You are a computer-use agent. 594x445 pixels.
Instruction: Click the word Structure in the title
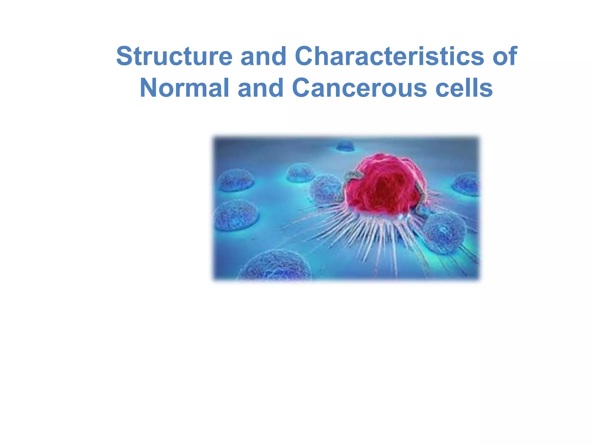point(174,56)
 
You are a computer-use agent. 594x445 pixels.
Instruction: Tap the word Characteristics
point(389,56)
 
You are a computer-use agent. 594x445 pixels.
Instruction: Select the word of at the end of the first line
point(505,56)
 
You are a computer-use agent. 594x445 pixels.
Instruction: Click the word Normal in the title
point(184,88)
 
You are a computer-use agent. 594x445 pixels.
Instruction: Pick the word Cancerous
point(359,88)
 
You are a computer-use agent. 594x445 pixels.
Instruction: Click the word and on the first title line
point(263,56)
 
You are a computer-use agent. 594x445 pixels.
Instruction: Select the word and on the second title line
point(260,88)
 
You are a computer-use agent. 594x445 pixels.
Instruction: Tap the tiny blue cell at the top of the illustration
point(345,145)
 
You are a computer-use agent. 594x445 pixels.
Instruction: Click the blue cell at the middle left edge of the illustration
point(236,215)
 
